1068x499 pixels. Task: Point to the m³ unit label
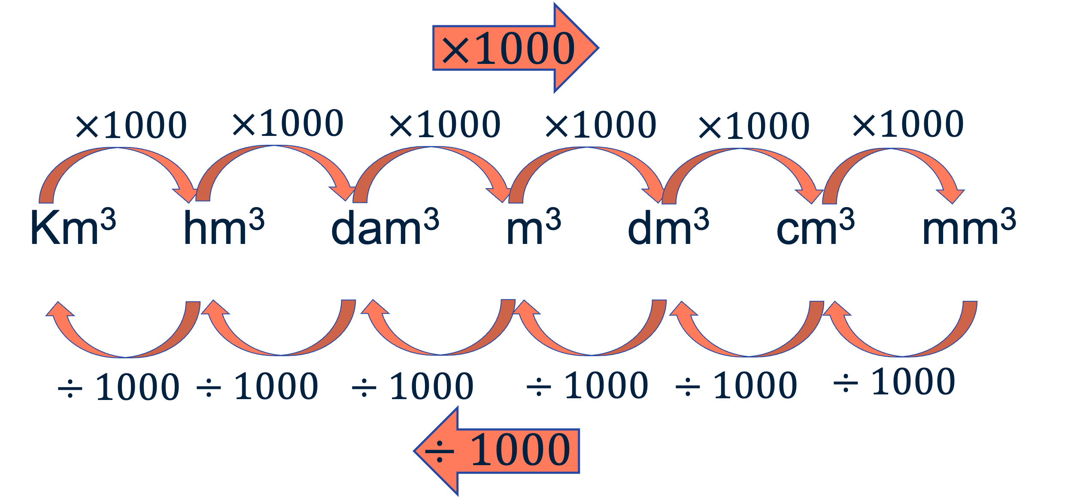pos(534,227)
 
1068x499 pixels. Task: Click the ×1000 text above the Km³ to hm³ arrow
pos(131,125)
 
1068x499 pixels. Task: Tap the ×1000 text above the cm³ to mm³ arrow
pos(908,124)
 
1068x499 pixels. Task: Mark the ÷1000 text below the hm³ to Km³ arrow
pos(118,387)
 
